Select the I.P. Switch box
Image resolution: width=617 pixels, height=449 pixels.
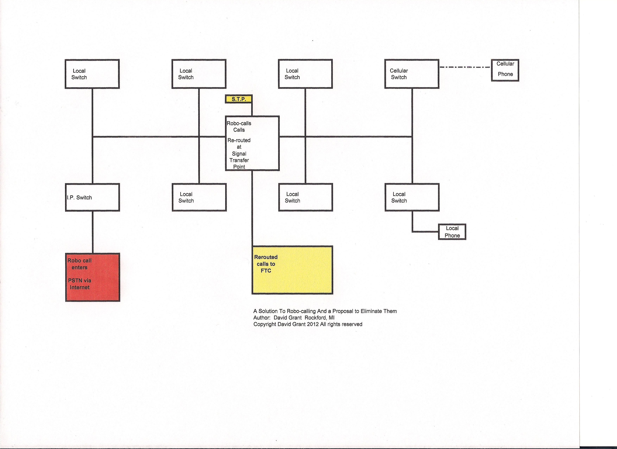93,197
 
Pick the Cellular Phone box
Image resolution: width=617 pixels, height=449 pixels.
505,70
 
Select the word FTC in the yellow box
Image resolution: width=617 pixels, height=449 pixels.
266,271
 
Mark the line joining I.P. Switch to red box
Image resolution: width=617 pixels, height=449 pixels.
93,232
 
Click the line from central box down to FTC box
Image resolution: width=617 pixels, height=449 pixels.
252,208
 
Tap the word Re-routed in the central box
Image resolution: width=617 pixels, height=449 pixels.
239,140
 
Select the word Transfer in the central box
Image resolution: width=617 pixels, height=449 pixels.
239,160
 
